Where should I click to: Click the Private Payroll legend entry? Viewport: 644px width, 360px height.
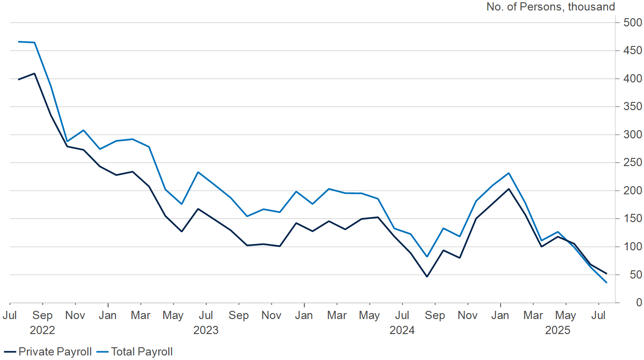point(48,351)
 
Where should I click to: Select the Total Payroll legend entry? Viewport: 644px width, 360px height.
point(136,351)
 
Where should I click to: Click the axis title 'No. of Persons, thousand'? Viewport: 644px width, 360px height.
point(550,7)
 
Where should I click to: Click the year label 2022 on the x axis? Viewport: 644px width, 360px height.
point(42,330)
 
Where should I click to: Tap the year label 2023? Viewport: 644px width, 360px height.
point(206,330)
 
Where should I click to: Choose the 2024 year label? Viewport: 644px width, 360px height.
point(402,330)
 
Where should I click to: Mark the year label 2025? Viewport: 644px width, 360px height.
point(558,330)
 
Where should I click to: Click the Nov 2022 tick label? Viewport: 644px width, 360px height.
point(75,315)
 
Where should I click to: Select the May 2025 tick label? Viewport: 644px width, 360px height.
point(566,315)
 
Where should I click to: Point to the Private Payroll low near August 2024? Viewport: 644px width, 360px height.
point(427,276)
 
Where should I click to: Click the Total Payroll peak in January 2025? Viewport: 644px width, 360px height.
point(508,173)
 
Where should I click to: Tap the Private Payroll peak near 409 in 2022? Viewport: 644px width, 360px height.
point(35,73)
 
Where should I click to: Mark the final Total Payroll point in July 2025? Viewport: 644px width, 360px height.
point(606,283)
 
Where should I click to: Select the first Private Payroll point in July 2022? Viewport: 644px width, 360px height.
point(18,80)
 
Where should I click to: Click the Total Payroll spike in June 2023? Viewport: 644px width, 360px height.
point(198,172)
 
